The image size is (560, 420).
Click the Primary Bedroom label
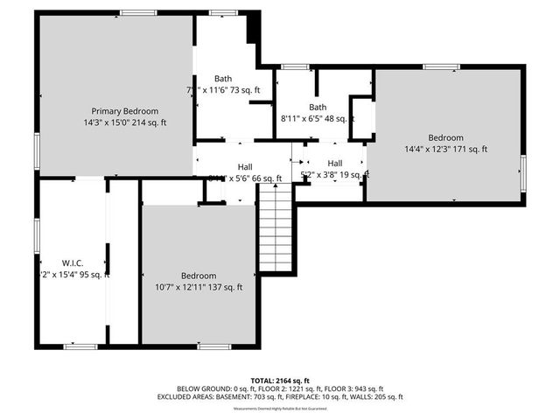pyautogui.click(x=125, y=111)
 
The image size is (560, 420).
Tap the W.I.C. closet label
pyautogui.click(x=72, y=262)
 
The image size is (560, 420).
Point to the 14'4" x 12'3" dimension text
pyautogui.click(x=445, y=149)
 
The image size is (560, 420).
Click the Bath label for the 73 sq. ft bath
pyautogui.click(x=223, y=78)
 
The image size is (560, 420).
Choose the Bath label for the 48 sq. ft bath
pyautogui.click(x=317, y=107)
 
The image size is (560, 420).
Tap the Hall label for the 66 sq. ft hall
pyautogui.click(x=246, y=166)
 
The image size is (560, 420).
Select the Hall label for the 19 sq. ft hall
pyautogui.click(x=335, y=164)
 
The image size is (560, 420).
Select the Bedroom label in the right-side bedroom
pyautogui.click(x=445, y=137)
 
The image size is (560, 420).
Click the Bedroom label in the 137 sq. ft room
pyautogui.click(x=199, y=276)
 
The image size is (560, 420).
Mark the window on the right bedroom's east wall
pyautogui.click(x=522, y=166)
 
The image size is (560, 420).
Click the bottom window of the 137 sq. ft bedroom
pyautogui.click(x=213, y=346)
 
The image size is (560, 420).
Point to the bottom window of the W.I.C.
pyautogui.click(x=80, y=346)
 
